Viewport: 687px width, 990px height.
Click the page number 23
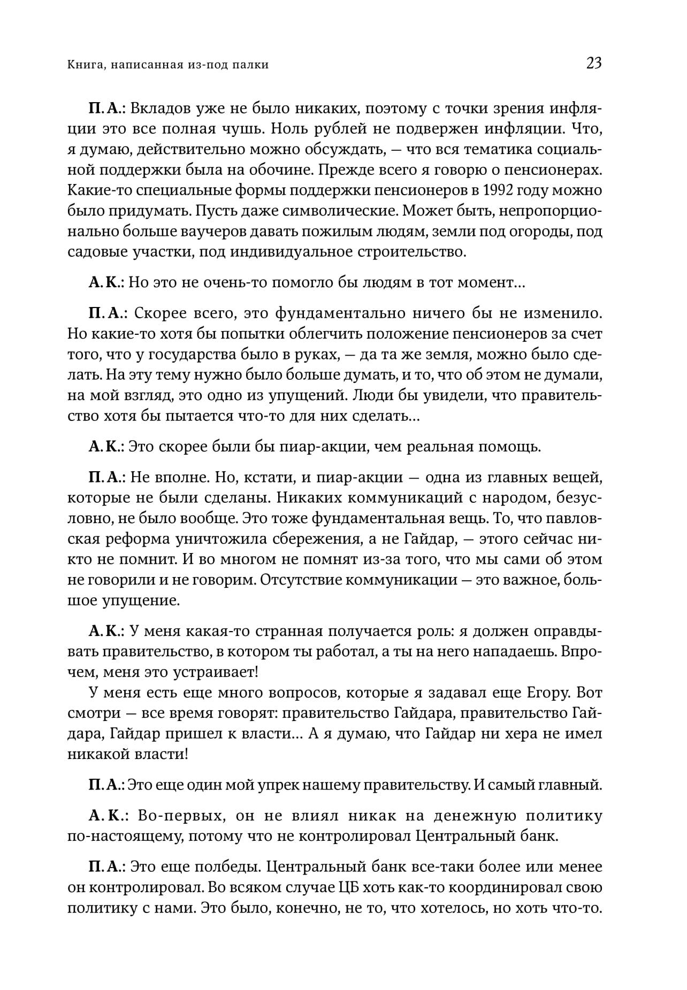[x=594, y=64]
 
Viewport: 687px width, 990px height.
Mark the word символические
[x=338, y=211]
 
